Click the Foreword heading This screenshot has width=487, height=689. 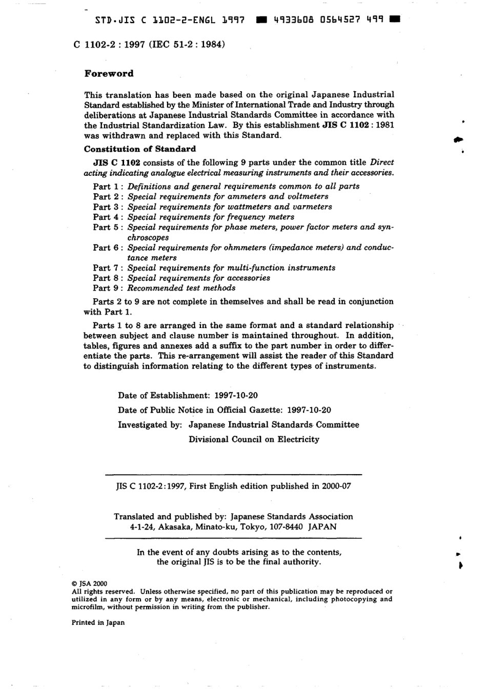click(x=109, y=73)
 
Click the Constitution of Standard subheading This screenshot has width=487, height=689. click(x=139, y=149)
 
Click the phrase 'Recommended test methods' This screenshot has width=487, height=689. click(x=181, y=288)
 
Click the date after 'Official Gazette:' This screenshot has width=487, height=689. click(x=309, y=410)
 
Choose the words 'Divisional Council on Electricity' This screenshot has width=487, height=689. click(x=254, y=439)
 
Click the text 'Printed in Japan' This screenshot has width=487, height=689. click(x=98, y=622)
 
